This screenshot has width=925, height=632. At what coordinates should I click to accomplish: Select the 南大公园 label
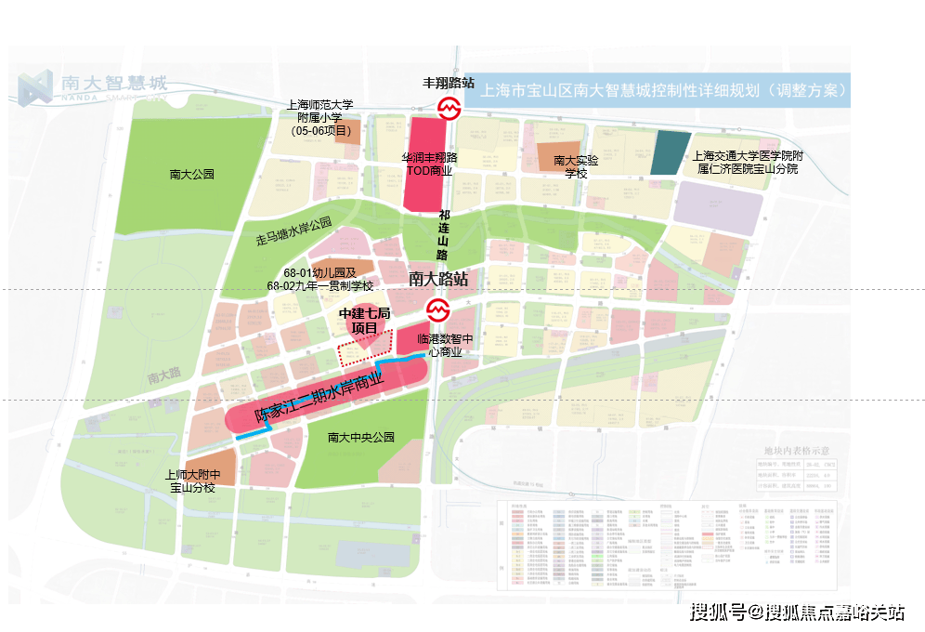[192, 174]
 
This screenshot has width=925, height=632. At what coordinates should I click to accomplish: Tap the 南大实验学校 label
[569, 166]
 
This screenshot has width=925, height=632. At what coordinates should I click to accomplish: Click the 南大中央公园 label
[361, 437]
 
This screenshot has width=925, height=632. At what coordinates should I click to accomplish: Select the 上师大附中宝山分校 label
[191, 480]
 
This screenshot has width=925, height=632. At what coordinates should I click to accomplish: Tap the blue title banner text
[663, 91]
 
